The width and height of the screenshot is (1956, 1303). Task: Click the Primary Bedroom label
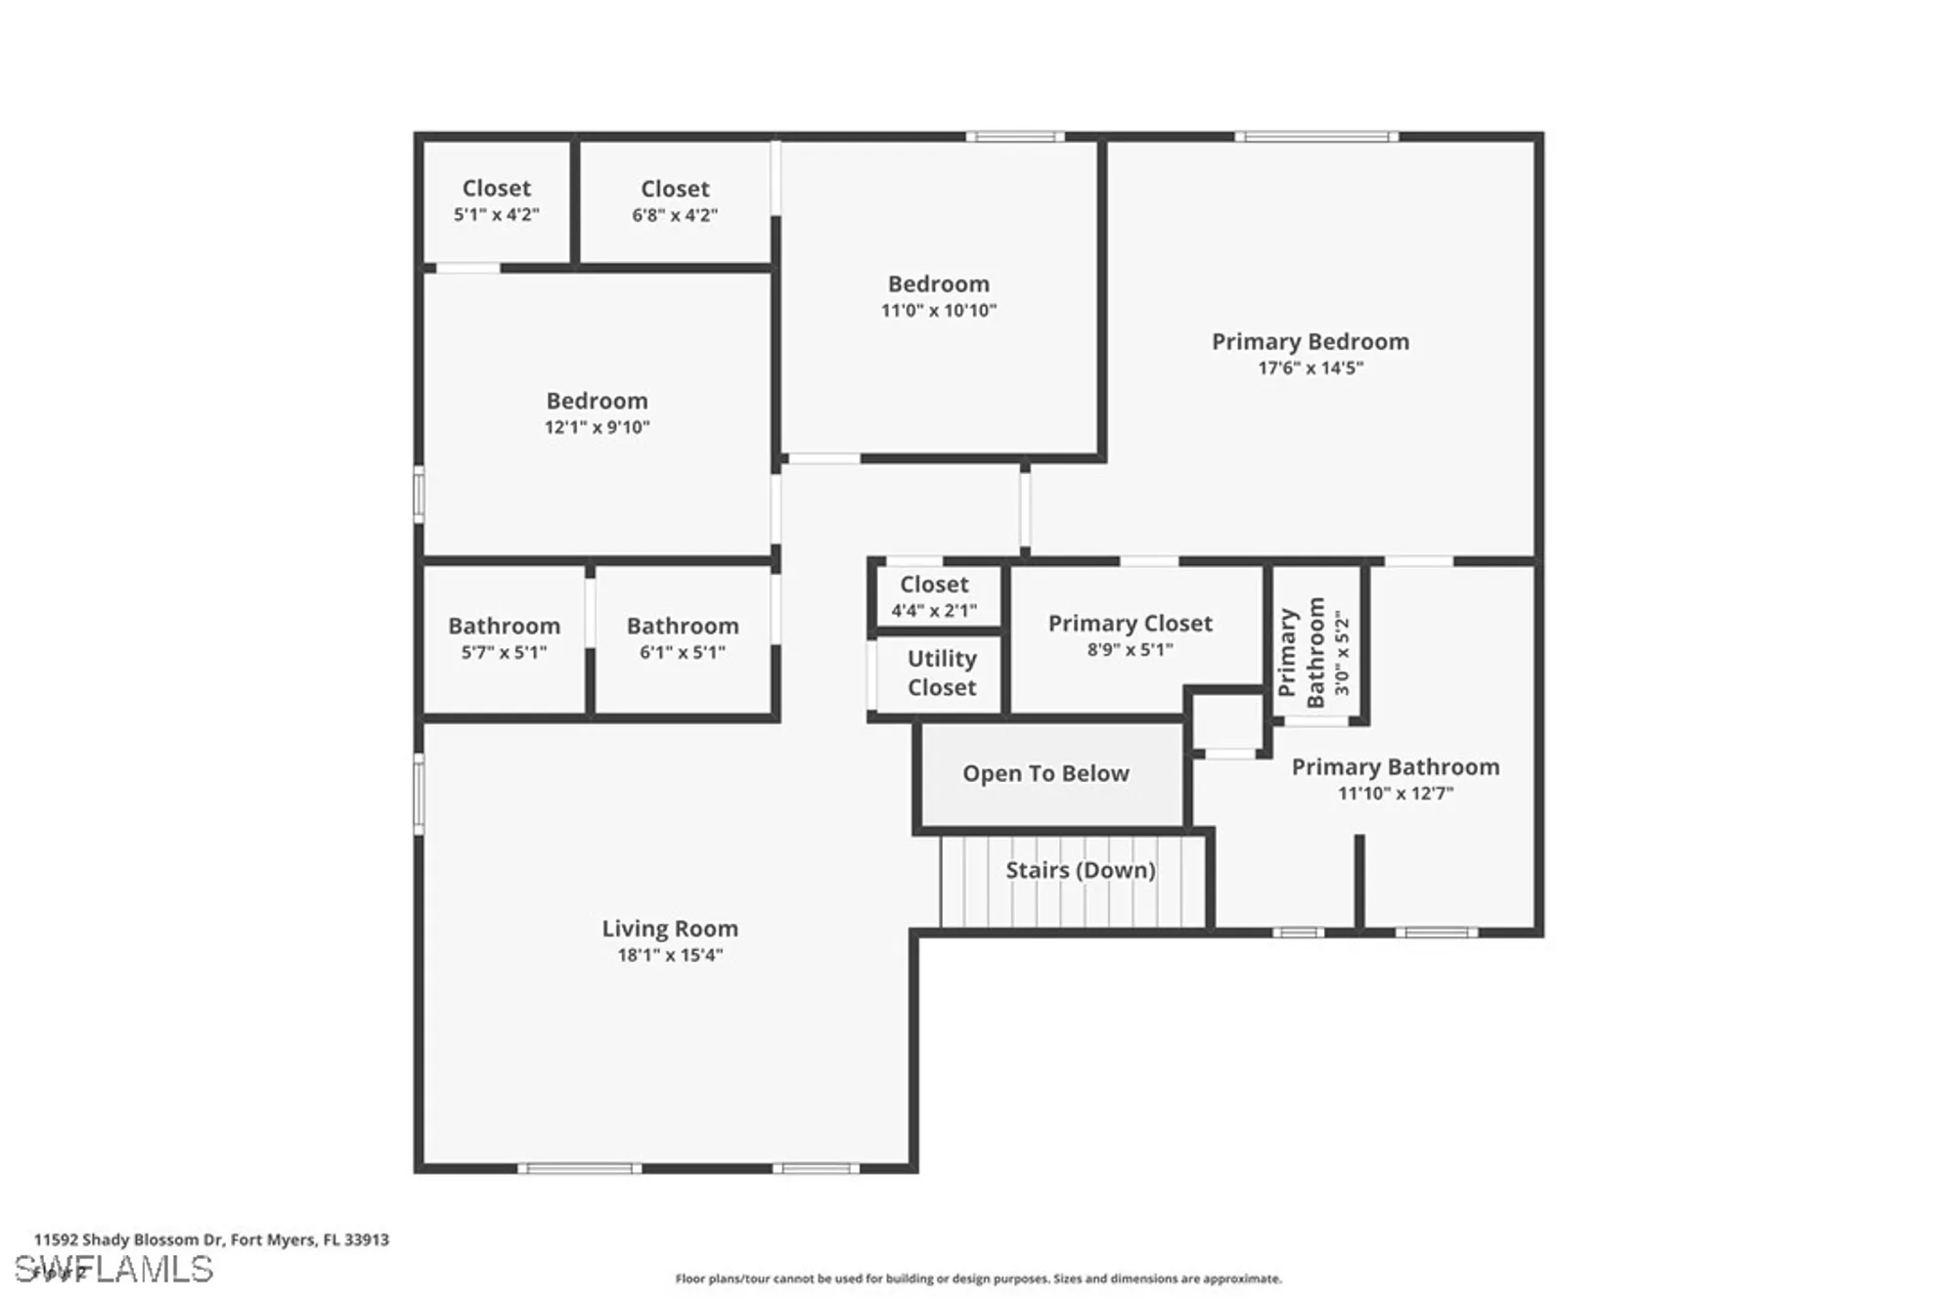click(x=1310, y=342)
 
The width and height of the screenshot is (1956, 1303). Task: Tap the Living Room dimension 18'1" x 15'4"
click(x=670, y=955)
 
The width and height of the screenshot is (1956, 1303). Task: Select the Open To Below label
click(x=1045, y=773)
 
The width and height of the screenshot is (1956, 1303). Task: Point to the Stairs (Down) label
click(x=1080, y=870)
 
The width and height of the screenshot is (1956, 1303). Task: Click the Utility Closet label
click(x=941, y=673)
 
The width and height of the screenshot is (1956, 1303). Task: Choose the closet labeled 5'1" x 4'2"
click(x=496, y=200)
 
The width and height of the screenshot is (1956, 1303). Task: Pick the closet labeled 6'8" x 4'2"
click(x=675, y=200)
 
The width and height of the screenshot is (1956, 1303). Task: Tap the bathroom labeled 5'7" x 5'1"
click(x=504, y=638)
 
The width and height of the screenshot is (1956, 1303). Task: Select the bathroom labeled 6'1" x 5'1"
click(x=682, y=638)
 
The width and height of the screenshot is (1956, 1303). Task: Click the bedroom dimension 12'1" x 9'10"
click(x=597, y=427)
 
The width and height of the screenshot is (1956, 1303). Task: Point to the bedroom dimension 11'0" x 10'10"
click(x=938, y=311)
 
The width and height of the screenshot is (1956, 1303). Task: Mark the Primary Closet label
click(x=1130, y=624)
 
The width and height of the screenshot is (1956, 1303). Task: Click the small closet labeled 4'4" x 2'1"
click(x=934, y=596)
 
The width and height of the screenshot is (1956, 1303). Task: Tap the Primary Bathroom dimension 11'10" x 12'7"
click(x=1396, y=793)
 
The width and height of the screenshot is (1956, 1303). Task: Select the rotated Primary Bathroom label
click(x=1302, y=652)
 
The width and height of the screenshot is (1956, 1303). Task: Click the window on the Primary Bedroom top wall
click(x=1316, y=137)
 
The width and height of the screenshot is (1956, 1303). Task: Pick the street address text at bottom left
click(x=211, y=1239)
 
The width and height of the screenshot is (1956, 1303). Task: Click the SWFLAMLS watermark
click(x=114, y=1270)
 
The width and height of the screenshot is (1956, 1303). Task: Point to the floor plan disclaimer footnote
click(x=978, y=1279)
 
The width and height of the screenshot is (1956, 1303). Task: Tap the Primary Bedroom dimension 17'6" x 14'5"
click(x=1310, y=369)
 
